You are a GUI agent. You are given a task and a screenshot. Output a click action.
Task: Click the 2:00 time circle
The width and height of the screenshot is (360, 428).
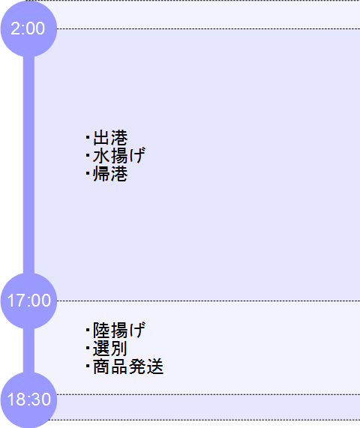tap(28, 28)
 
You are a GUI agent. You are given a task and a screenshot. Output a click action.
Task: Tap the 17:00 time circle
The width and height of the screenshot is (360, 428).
tap(28, 301)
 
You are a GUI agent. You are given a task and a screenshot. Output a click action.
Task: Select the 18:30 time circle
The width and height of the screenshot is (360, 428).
tap(28, 400)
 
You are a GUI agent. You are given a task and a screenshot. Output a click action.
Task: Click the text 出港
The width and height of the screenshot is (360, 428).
tap(110, 138)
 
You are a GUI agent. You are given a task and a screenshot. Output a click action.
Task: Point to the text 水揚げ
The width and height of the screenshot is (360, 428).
tap(119, 156)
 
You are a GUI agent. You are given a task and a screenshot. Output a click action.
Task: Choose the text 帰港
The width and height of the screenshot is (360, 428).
tap(110, 174)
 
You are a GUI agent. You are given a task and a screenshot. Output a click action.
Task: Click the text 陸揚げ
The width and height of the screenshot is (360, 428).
tap(119, 330)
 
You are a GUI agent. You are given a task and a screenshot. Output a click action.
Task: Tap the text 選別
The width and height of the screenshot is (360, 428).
tap(110, 348)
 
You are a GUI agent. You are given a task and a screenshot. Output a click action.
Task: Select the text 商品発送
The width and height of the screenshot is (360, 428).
tap(128, 366)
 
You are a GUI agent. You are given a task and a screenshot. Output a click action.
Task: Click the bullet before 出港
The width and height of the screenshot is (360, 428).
tap(88, 137)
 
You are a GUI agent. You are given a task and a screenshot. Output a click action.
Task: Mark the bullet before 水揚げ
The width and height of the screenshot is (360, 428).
tap(88, 155)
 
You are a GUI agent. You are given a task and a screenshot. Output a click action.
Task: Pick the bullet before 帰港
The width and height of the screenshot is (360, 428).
tap(88, 173)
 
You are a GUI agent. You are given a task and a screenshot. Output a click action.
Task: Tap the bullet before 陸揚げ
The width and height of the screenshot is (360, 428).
tap(88, 330)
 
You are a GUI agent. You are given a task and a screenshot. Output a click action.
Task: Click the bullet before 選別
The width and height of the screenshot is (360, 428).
tap(88, 348)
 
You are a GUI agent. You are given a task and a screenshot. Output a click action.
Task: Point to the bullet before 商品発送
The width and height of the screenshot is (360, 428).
tap(88, 366)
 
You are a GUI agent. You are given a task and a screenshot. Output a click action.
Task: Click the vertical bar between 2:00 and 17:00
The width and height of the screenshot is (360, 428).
tap(28, 165)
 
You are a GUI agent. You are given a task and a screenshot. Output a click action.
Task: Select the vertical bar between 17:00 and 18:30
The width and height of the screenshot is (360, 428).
tap(28, 351)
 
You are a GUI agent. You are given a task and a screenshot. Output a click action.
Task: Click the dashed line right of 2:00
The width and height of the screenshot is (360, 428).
tap(208, 28)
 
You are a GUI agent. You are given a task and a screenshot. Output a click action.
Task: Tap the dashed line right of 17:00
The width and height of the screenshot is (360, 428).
tap(208, 301)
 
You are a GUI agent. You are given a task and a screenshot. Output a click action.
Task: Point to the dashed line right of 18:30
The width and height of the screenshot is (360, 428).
tap(208, 394)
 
